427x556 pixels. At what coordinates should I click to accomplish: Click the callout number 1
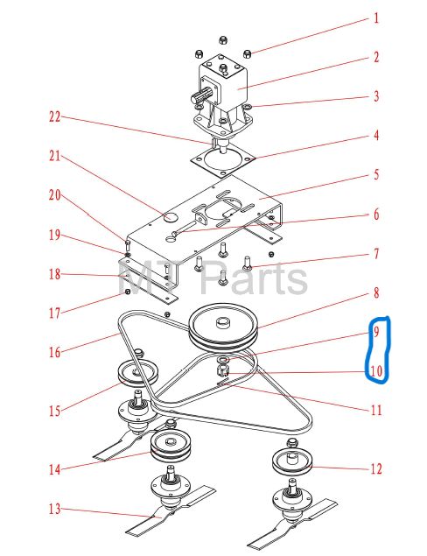click(x=376, y=18)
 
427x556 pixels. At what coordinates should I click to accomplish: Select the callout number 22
click(x=54, y=116)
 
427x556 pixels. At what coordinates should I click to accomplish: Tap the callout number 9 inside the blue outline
click(x=376, y=332)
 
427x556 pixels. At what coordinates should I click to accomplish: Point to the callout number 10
click(x=376, y=371)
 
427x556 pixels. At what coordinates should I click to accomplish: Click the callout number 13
click(x=55, y=510)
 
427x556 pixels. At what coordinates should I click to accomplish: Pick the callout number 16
click(x=55, y=352)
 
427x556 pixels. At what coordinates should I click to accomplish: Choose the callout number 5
click(x=376, y=175)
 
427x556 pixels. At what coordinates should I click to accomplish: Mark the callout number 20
click(x=55, y=195)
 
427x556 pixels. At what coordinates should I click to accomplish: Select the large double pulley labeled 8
click(x=223, y=328)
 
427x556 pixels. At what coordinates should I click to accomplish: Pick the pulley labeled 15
click(x=137, y=374)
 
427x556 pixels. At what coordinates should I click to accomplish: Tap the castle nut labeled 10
click(x=221, y=371)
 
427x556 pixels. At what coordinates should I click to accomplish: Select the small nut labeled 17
click(x=127, y=292)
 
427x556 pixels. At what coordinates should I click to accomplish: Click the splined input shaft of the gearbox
click(x=203, y=95)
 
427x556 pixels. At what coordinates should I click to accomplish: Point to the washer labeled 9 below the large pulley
click(x=223, y=360)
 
